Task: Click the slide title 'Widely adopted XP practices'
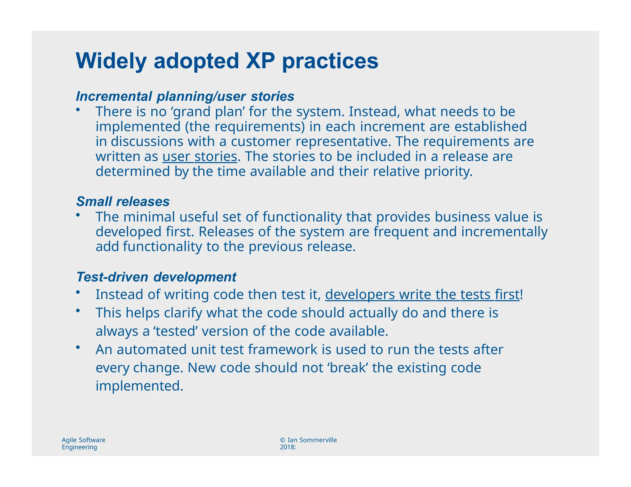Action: click(227, 61)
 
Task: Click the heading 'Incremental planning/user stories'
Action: click(185, 96)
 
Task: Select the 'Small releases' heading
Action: click(123, 202)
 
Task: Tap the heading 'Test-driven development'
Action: click(156, 277)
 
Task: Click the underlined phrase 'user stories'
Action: click(200, 156)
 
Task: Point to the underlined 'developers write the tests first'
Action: click(422, 295)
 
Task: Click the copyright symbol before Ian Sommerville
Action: click(283, 440)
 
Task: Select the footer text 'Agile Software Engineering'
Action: click(83, 444)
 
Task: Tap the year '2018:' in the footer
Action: click(287, 447)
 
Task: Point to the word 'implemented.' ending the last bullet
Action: click(139, 386)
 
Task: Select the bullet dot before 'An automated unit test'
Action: click(78, 348)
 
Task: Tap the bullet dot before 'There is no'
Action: click(78, 110)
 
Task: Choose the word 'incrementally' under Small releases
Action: click(504, 232)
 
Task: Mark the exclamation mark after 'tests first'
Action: click(521, 295)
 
